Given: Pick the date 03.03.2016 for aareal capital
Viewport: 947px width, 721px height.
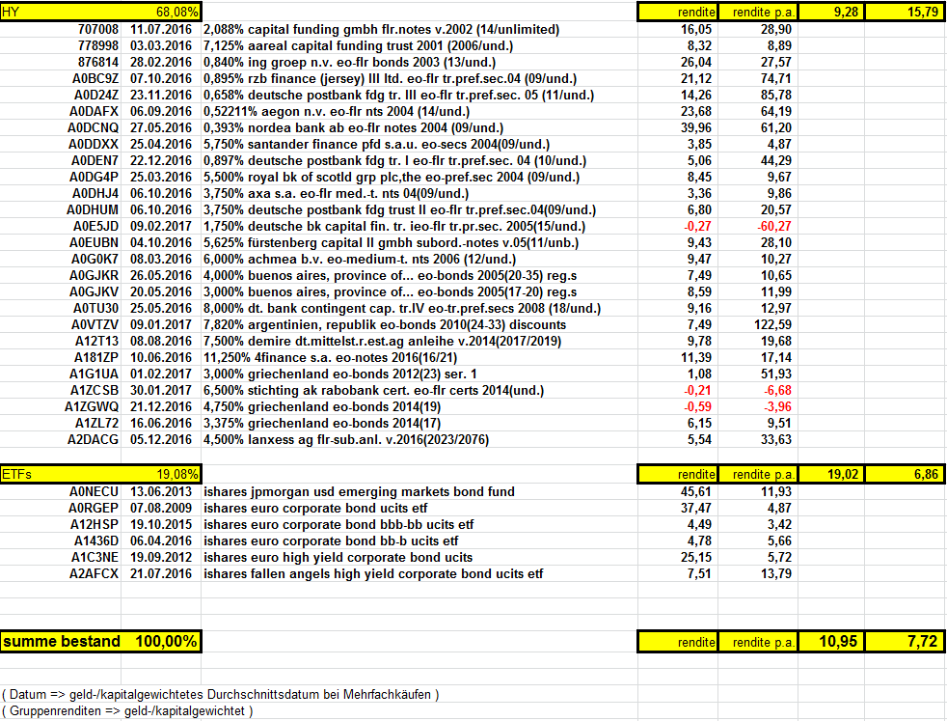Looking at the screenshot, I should point(161,46).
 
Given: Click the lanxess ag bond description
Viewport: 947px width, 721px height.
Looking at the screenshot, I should point(347,440).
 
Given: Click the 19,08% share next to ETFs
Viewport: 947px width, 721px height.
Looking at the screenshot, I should point(178,474).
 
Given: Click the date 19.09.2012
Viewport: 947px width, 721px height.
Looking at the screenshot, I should point(161,558).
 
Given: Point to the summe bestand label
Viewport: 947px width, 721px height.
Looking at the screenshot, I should point(62,642).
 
